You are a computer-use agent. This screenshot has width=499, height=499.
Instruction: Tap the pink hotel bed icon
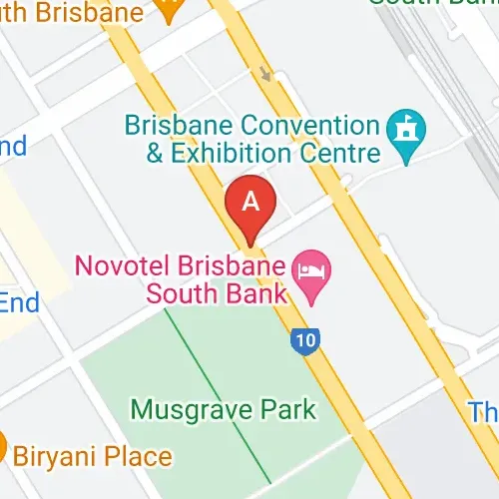pos(310,270)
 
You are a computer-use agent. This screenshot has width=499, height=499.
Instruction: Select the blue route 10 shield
pos(306,341)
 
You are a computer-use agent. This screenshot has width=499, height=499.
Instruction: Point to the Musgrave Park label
pos(224,409)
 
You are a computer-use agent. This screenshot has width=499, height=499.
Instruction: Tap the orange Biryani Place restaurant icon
pos(2,446)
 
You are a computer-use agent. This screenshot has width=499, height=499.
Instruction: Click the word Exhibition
pos(229,154)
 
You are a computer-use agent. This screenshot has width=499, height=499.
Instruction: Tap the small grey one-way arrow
pos(265,73)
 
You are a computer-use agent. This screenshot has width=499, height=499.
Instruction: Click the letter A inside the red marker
pos(250,201)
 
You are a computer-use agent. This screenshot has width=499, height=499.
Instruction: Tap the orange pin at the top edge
pos(170,9)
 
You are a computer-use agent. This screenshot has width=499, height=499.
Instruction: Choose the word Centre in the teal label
pos(343,154)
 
